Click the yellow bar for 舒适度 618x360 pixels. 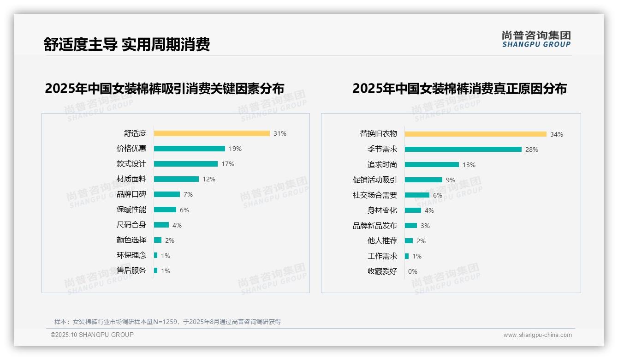tap(212, 133)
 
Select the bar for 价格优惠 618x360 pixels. tap(190, 149)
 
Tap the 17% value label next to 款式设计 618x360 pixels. tap(228, 164)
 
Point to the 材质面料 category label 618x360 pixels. tap(131, 179)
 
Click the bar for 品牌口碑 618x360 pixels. tap(167, 194)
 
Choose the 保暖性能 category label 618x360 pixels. tap(131, 210)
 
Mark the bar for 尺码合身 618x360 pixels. tap(161, 225)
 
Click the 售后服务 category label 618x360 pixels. tap(131, 270)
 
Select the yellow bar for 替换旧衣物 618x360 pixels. tap(475, 134)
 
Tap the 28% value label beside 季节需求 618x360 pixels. tap(532, 150)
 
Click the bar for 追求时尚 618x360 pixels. tap(432, 164)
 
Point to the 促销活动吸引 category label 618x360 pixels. tap(374, 180)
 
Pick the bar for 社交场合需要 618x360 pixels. tap(417, 195)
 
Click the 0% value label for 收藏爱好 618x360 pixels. tap(413, 271)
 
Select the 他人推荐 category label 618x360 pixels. tap(382, 241)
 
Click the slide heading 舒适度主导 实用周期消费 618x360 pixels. tap(127, 44)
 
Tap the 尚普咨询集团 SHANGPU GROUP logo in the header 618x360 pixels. tap(536, 39)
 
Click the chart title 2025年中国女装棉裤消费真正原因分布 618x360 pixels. tap(459, 88)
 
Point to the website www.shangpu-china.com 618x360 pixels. tap(537, 335)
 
